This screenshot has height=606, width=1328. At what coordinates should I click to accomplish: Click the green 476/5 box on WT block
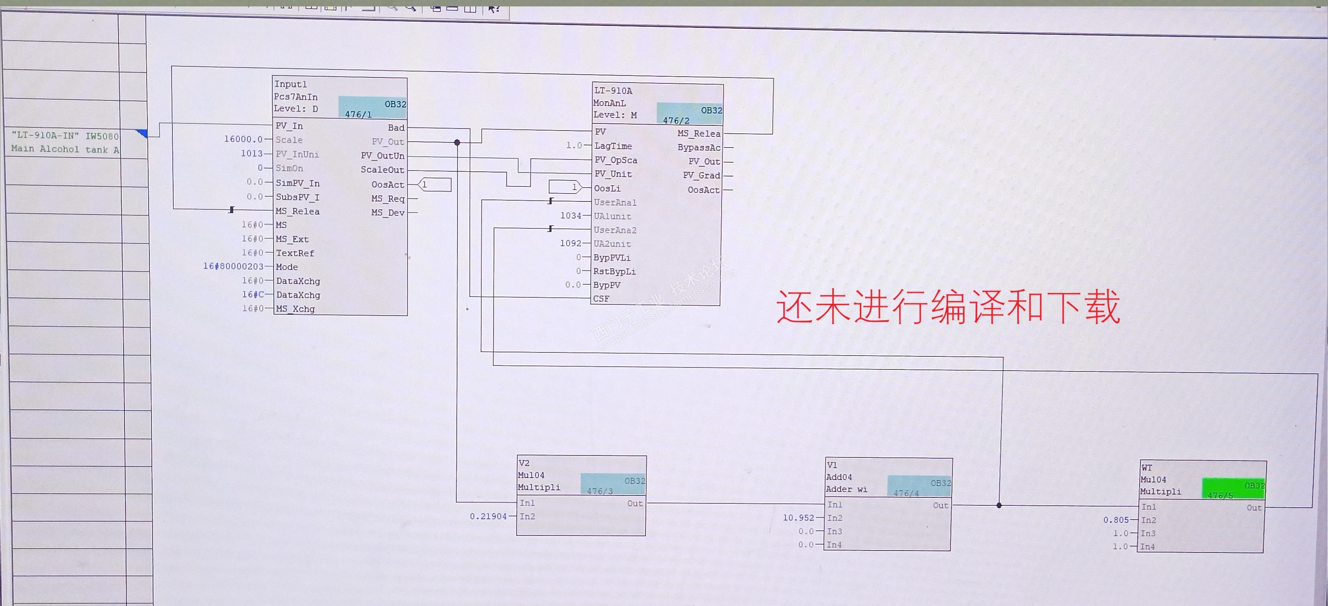pos(1233,489)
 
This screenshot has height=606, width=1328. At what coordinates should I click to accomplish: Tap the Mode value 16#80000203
pos(233,267)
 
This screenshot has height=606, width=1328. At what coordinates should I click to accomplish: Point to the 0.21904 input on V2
pos(488,516)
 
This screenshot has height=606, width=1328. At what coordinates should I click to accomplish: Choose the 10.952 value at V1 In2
pos(798,517)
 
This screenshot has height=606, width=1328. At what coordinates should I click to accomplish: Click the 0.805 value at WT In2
pos(1115,520)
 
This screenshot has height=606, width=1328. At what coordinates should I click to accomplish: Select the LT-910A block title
pos(613,91)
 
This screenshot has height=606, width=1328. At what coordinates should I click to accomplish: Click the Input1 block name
pos(290,84)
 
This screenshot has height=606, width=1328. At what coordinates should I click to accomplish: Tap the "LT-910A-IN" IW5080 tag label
pos(65,136)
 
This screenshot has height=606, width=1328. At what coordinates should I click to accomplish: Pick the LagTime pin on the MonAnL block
pos(613,146)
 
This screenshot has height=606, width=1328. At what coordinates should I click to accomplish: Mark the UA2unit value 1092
pos(570,243)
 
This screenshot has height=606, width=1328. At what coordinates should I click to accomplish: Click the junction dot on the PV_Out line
pos(457,142)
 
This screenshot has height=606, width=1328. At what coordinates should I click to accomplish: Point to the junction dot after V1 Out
pos(999,505)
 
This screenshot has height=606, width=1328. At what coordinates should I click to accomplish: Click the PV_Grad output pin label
pos(701,176)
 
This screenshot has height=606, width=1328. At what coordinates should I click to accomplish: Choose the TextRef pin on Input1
pos(294,253)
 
